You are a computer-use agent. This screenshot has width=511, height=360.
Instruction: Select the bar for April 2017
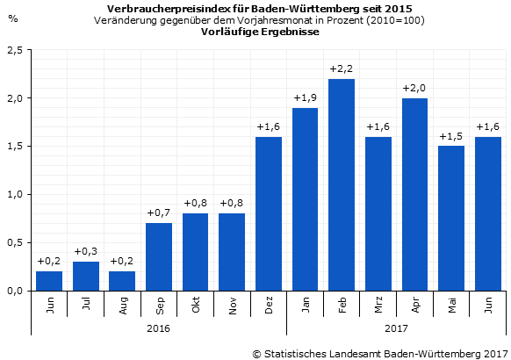point(414,194)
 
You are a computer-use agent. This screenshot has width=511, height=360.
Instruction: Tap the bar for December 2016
point(269,213)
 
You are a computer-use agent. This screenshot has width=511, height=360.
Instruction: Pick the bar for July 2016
point(86,276)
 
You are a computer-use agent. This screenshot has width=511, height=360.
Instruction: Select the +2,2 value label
point(342,68)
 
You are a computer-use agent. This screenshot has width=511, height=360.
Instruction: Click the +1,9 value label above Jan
point(305,97)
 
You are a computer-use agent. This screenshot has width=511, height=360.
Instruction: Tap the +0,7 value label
point(159,213)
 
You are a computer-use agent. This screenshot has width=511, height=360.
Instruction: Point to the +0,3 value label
point(86,252)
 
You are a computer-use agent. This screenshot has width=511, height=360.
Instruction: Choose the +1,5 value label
point(451,136)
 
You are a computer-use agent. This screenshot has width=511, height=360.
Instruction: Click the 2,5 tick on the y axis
point(15,51)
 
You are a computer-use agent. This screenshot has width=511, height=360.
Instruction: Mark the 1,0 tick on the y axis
point(15,194)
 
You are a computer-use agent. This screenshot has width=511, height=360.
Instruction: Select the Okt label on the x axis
point(196,306)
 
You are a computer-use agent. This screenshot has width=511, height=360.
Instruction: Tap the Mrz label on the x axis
point(378,306)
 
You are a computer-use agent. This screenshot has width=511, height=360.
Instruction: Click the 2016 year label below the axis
point(159,328)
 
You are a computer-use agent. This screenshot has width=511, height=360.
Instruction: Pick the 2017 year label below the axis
point(396,328)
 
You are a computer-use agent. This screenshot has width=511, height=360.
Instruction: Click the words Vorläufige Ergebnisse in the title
point(260,31)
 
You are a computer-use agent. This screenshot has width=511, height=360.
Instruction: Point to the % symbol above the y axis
point(12,18)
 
